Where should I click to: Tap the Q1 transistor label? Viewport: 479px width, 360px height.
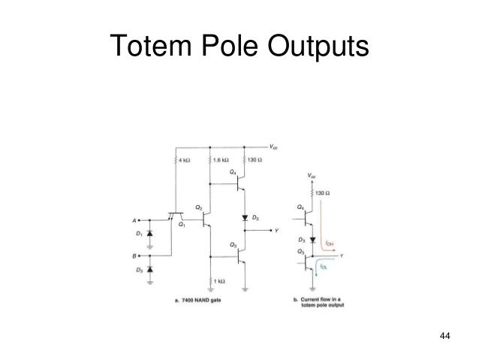(182, 223)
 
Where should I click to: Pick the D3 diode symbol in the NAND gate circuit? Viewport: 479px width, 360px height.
(244, 218)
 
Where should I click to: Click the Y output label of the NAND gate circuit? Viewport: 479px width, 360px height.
(277, 231)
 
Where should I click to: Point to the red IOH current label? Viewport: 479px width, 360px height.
(330, 243)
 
